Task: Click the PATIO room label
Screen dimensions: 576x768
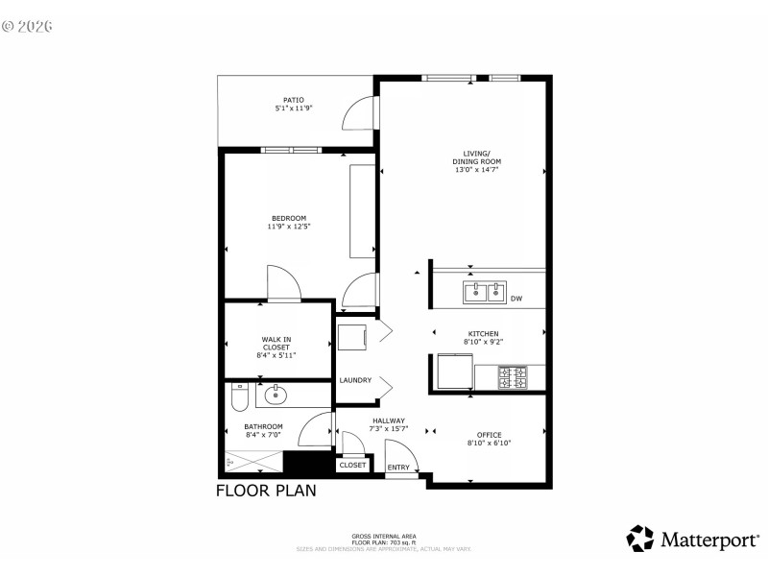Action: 294,100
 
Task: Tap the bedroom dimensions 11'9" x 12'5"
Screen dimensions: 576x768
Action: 289,227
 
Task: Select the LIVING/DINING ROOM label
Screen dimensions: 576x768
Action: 477,156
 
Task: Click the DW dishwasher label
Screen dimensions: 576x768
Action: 516,299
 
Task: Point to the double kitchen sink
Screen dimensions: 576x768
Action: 484,291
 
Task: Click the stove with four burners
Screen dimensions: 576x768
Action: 513,377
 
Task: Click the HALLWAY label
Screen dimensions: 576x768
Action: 389,420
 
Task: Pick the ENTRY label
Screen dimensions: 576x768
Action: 397,468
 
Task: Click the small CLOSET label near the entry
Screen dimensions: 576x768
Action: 352,465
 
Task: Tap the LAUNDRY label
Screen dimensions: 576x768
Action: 355,380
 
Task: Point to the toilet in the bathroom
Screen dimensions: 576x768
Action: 240,395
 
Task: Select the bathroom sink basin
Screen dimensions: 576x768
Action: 277,394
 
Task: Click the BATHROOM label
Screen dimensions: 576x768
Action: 263,426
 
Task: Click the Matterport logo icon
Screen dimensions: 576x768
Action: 640,539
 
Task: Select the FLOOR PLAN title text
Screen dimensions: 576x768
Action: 265,490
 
